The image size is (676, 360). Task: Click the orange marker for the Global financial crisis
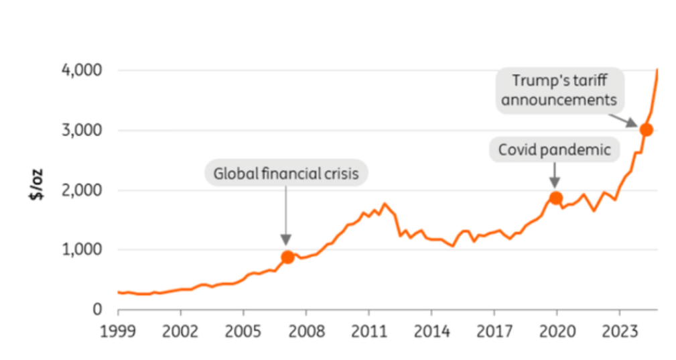tap(287, 257)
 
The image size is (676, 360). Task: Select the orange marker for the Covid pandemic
tap(555, 198)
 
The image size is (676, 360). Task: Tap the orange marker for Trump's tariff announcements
tap(646, 130)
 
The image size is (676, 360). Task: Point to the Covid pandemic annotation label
tap(554, 149)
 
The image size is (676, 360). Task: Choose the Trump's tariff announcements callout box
tap(559, 90)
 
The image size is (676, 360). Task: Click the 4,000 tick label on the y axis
tap(82, 70)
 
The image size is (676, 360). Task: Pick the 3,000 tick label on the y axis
tap(82, 130)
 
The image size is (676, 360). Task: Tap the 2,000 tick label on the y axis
tap(82, 190)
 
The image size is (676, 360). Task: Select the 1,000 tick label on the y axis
tap(82, 249)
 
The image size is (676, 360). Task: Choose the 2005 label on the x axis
tap(243, 331)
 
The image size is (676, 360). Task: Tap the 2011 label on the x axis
tap(368, 331)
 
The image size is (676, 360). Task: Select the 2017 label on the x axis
tap(494, 331)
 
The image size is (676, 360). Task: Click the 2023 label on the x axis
tap(619, 331)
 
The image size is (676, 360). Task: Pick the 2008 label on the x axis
tap(306, 331)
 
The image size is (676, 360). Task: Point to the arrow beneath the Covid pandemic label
tap(555, 175)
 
